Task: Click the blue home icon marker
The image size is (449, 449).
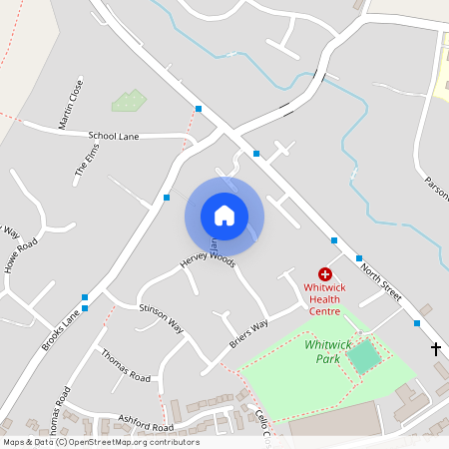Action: click(x=224, y=215)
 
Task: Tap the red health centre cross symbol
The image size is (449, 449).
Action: click(x=325, y=273)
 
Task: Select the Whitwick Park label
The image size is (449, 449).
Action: click(x=327, y=351)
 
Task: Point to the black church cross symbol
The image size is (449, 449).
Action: click(x=436, y=348)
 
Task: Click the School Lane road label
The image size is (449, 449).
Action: click(x=114, y=135)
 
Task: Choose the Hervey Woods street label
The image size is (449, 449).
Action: click(x=207, y=262)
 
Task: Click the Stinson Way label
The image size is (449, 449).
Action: click(x=162, y=317)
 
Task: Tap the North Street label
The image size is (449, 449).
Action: click(x=379, y=281)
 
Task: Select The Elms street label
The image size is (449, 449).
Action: click(x=88, y=163)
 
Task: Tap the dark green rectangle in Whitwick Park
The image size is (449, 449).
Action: click(x=364, y=356)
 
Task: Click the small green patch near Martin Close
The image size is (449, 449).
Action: click(x=129, y=100)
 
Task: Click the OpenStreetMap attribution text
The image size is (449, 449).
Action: click(x=100, y=442)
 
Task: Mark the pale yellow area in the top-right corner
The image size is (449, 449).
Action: click(x=440, y=70)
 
